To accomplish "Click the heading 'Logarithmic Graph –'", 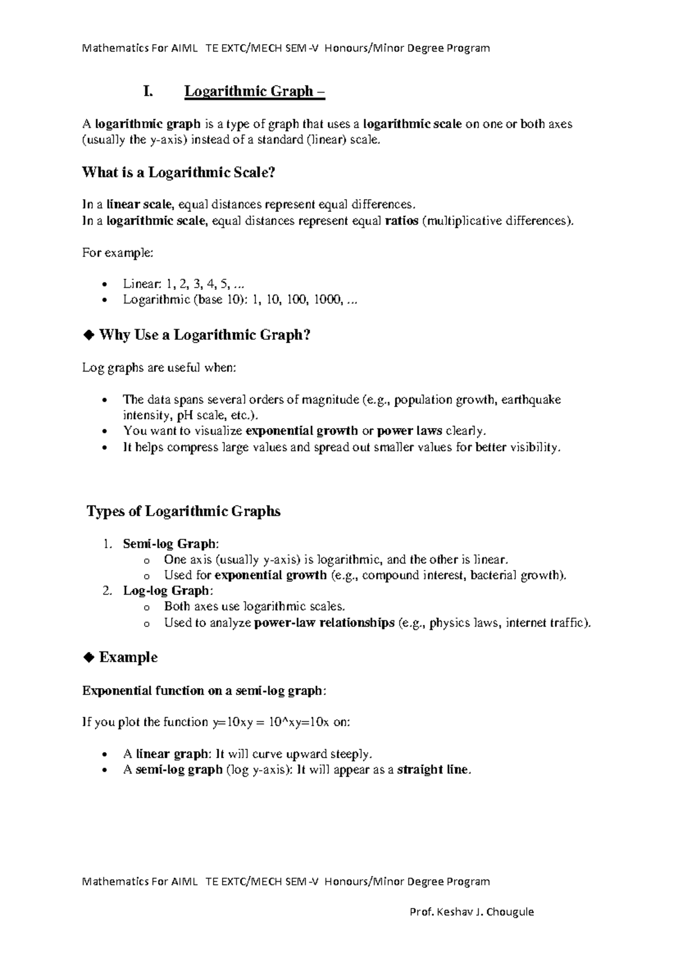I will tap(254, 91).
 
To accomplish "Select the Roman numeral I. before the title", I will tap(148, 91).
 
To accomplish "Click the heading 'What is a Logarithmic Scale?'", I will tap(179, 172).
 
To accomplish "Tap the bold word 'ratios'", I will tap(401, 221).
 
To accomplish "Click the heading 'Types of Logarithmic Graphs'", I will tap(184, 512).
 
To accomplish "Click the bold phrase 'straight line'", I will tap(433, 770).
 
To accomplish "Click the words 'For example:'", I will tap(118, 253).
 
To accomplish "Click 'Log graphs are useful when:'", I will tap(159, 368).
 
